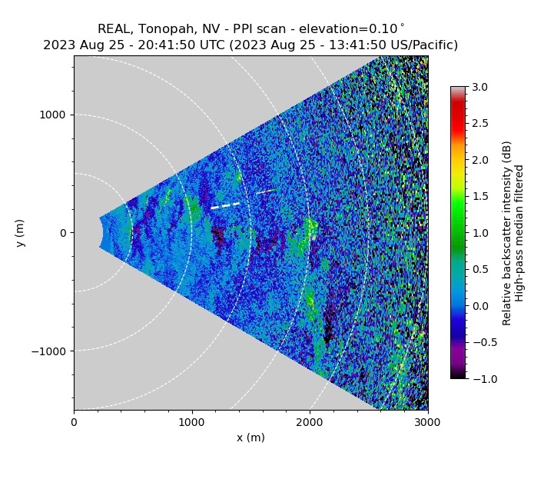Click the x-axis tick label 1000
(x=192, y=421)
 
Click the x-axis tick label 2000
(x=310, y=421)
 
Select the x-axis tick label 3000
(x=428, y=421)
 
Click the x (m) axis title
(x=250, y=437)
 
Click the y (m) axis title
(x=21, y=233)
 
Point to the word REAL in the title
(x=114, y=29)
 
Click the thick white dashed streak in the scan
(x=226, y=205)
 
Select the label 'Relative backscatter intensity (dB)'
(x=507, y=233)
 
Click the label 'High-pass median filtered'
(x=520, y=233)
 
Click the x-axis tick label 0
(x=74, y=421)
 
